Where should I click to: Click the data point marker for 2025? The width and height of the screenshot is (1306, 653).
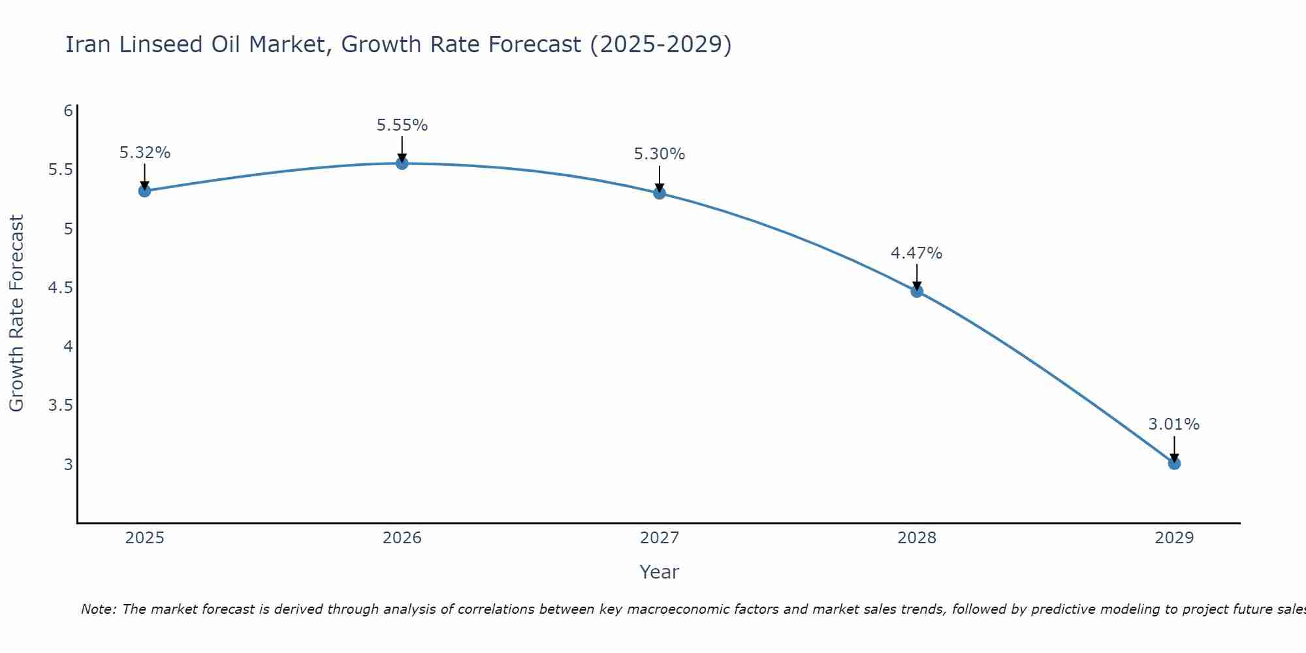(x=144, y=191)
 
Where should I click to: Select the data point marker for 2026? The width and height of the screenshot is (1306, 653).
(x=402, y=163)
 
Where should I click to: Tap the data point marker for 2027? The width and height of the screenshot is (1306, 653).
(x=660, y=193)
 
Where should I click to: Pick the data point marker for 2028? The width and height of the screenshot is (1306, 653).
(x=917, y=291)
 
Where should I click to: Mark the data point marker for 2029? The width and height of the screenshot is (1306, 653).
(x=1174, y=464)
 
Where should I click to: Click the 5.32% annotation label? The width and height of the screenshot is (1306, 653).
(x=144, y=153)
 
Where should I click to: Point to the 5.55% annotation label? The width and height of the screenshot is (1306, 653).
(x=402, y=125)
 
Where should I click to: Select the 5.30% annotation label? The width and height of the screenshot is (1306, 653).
(x=660, y=155)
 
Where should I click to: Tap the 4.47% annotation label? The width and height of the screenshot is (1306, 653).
(x=917, y=253)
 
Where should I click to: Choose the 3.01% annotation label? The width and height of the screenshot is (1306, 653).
(x=1174, y=424)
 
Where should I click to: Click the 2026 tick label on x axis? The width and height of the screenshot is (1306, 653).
(x=402, y=538)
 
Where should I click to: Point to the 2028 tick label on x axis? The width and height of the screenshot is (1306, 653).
(x=917, y=538)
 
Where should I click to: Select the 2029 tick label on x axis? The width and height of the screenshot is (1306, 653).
(x=1174, y=538)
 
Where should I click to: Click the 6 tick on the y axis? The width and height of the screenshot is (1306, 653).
(x=68, y=111)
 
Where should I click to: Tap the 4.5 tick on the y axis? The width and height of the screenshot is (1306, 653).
(x=60, y=288)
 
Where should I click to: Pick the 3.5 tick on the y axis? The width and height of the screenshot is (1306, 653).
(x=60, y=406)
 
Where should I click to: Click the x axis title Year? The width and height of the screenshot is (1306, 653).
(x=660, y=572)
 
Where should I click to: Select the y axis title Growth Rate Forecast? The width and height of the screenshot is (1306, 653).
(x=16, y=313)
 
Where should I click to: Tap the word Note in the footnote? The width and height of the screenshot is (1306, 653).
(x=98, y=609)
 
